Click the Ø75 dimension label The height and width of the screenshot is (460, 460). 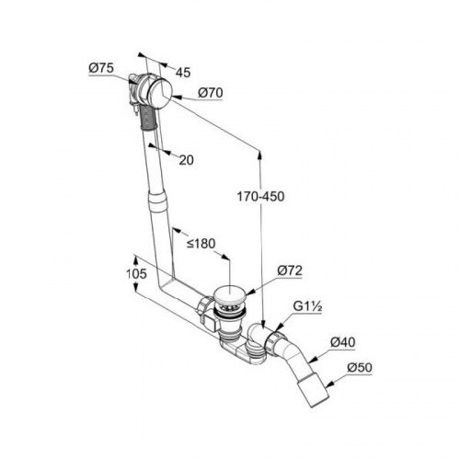click(x=101, y=68)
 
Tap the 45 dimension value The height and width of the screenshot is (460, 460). click(x=183, y=73)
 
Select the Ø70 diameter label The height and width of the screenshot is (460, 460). click(x=211, y=93)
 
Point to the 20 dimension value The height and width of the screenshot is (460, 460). click(x=186, y=160)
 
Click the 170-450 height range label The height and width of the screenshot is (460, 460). click(x=260, y=197)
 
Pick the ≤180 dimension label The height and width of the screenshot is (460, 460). click(x=201, y=244)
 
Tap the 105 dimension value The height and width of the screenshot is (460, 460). click(x=136, y=273)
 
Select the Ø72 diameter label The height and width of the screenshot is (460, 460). click(x=290, y=270)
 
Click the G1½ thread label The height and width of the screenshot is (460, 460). click(x=307, y=306)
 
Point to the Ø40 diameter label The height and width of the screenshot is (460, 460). click(x=343, y=342)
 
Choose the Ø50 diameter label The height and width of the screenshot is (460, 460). click(x=360, y=367)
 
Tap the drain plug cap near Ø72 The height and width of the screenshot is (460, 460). click(x=228, y=295)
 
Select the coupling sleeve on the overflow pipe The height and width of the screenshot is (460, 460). click(x=157, y=201)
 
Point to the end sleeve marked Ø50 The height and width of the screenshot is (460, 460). click(x=314, y=389)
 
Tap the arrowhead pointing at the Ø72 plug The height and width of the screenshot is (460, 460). click(x=249, y=293)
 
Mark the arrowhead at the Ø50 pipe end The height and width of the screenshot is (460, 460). click(x=329, y=384)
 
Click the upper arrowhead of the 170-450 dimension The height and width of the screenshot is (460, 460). click(x=259, y=155)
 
